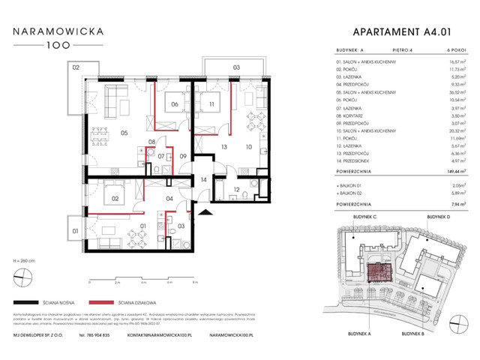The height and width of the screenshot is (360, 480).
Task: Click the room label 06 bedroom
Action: pos(174,105)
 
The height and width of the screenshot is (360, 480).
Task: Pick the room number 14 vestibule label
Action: pos(203,181)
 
